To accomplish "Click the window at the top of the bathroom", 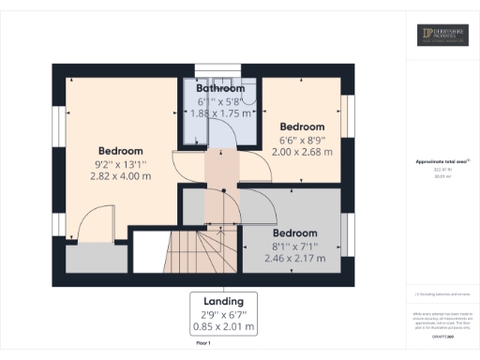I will pos(220,67).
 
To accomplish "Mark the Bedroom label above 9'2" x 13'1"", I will pos(121,151).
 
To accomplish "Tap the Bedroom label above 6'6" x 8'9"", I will pos(303,127).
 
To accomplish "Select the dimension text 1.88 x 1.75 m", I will pos(221,112).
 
